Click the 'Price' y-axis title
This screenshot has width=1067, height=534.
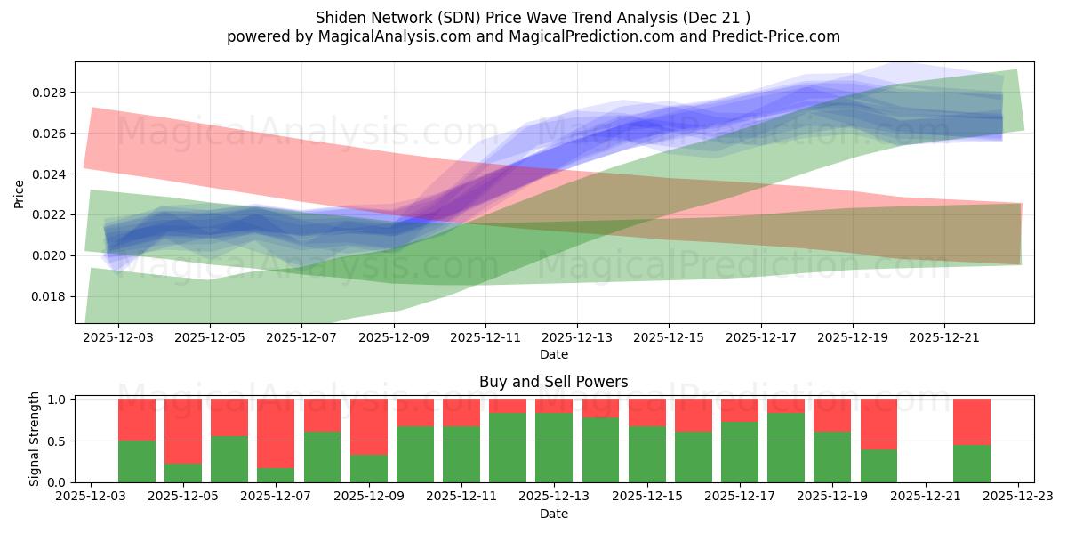coord(19,194)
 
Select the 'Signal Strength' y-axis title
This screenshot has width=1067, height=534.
coord(35,439)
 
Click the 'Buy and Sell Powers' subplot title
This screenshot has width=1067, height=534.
coord(553,382)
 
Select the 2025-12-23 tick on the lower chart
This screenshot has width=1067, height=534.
coord(1018,497)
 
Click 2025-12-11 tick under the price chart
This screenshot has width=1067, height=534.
coord(485,337)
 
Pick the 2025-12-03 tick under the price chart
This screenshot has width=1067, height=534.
coord(118,337)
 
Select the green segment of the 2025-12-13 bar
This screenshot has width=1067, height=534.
coord(554,448)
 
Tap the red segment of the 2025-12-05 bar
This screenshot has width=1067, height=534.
coord(183,432)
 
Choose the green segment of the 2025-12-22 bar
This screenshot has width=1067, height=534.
coord(971,464)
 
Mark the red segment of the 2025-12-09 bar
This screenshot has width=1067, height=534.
coord(368,427)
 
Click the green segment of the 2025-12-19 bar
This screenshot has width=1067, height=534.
coord(832,457)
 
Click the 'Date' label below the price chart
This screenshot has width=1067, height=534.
coord(553,354)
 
